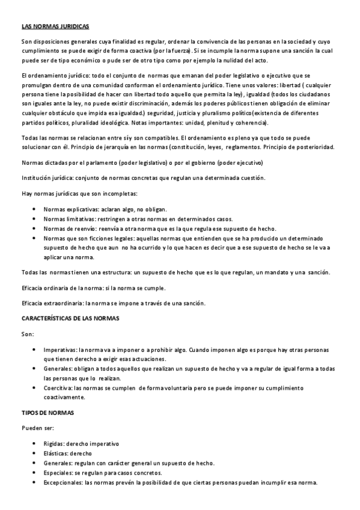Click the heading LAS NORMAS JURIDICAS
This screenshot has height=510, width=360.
pos(55,27)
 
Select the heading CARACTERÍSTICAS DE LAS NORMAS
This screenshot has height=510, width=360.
pos(71,318)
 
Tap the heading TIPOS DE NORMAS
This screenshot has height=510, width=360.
pos(47,415)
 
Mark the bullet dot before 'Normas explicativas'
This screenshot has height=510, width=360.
pos(34,209)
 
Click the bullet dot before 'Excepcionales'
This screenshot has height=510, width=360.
pos(34,483)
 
